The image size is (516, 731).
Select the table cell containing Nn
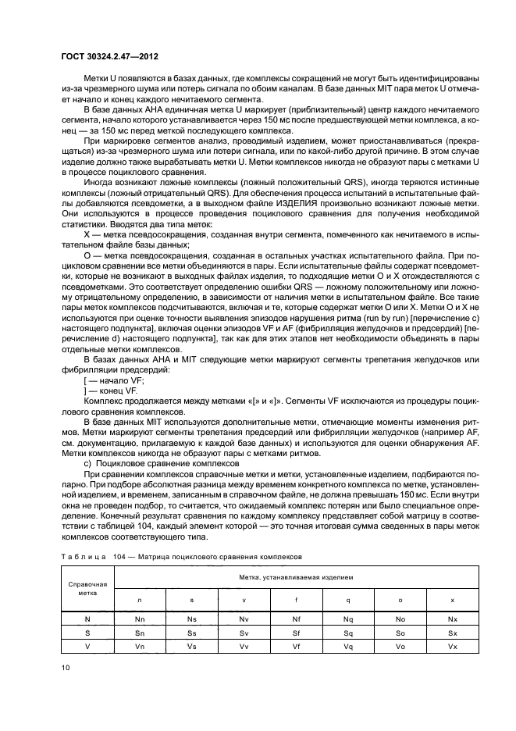[140, 618]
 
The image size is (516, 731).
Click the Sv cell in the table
[244, 632]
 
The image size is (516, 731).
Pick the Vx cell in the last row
[452, 646]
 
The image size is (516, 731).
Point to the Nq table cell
[348, 618]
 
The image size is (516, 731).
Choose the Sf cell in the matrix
[296, 632]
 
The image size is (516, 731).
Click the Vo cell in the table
[400, 646]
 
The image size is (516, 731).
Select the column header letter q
[348, 599]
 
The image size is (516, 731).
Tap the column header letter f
[296, 599]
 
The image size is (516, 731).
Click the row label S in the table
[87, 632]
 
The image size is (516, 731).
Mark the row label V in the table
[87, 646]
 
